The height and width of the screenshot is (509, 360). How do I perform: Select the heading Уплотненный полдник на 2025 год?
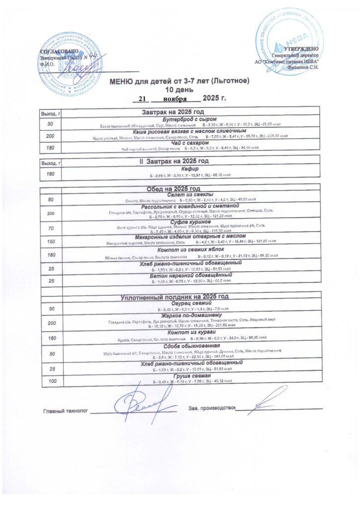coord(175,297)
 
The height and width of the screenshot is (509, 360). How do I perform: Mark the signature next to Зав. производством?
coord(269,401)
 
